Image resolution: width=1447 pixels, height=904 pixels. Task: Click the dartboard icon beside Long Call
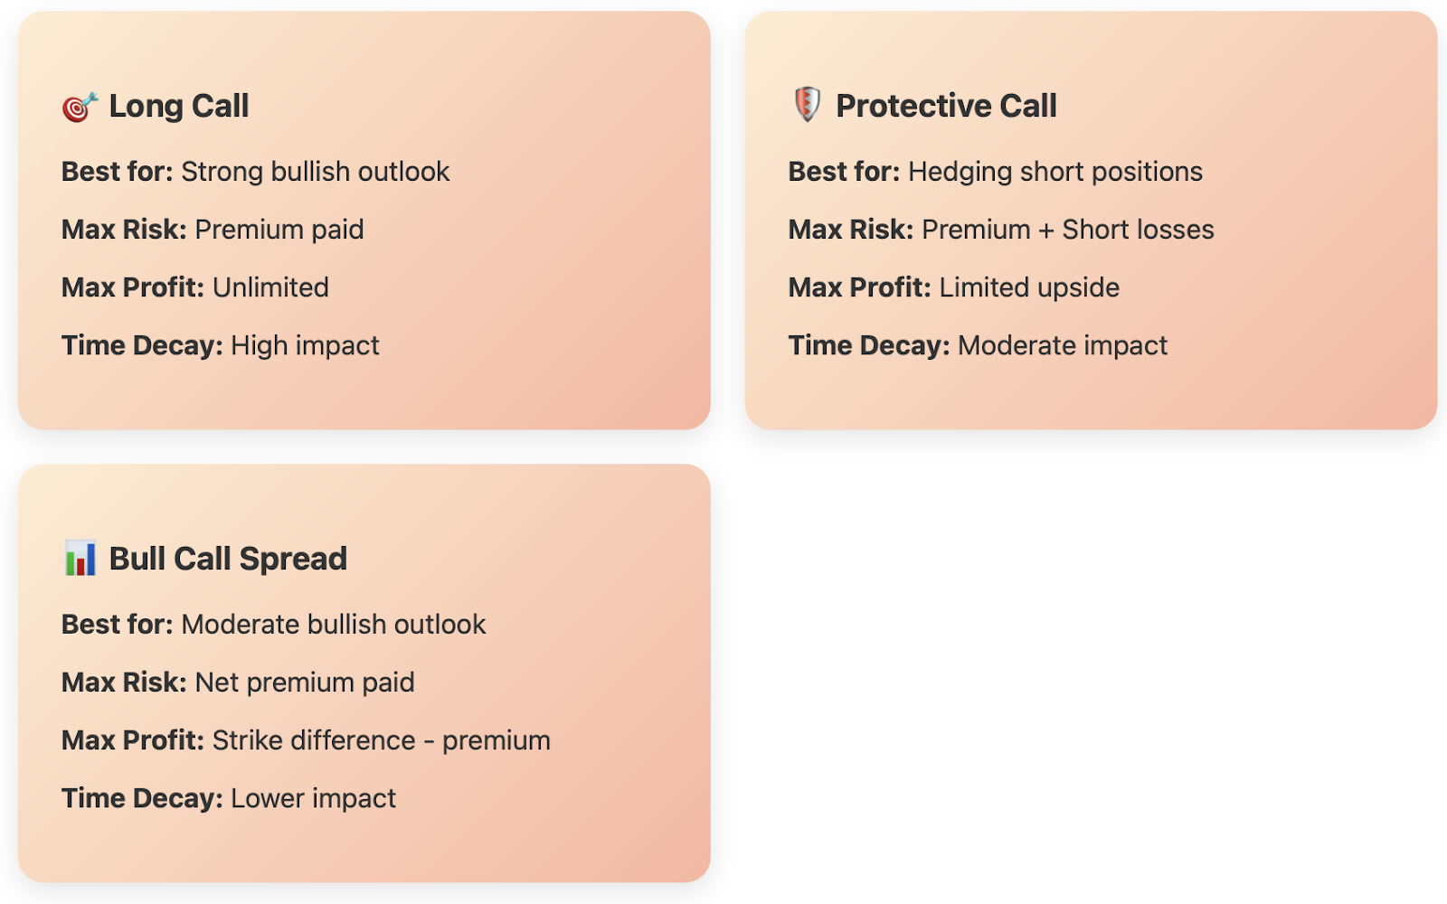coord(80,107)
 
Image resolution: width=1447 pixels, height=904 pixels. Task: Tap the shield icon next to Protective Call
coord(807,105)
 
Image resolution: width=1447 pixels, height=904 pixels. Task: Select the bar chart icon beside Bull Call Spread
coord(80,558)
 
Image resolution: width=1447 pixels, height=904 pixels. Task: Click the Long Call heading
coord(179,106)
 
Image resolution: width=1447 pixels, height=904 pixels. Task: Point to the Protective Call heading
coord(946,106)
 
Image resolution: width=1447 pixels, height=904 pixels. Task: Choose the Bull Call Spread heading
coord(228,560)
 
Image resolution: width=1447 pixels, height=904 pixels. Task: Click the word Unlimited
coord(270,287)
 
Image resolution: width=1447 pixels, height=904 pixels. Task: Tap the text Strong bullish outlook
coord(316,172)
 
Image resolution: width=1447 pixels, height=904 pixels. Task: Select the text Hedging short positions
coord(1055,173)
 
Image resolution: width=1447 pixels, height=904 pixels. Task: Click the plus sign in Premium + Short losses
coord(1046,231)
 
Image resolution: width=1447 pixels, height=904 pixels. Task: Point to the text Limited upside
coord(1029,288)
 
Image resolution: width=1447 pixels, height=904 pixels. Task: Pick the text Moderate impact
coord(1063,345)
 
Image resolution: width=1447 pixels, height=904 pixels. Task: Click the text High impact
coord(305,345)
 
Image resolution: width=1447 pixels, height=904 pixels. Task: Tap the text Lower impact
coord(313,799)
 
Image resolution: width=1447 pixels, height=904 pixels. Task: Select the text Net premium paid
coord(305,683)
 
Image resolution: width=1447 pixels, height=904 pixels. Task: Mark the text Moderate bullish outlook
coord(334,625)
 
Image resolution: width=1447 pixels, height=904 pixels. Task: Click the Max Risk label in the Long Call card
coord(124,230)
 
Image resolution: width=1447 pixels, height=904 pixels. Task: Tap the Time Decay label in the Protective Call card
coord(869,345)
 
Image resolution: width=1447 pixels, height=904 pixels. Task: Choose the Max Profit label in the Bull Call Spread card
coord(133,740)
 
